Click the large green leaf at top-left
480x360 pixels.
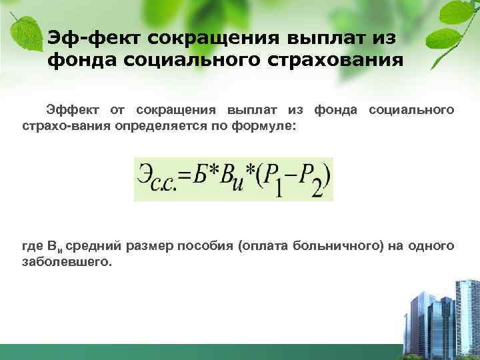(x=25, y=32)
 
